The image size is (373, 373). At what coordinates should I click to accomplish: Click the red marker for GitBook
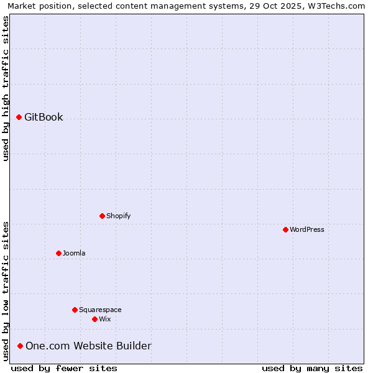click(19, 117)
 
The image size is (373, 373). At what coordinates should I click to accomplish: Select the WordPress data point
click(285, 229)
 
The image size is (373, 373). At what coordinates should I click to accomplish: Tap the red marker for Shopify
click(102, 216)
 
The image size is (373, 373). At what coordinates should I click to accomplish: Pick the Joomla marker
click(58, 253)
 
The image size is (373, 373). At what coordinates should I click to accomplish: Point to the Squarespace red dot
click(75, 310)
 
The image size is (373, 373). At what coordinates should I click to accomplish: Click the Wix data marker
click(94, 319)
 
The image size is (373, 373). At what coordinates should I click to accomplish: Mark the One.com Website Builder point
click(20, 346)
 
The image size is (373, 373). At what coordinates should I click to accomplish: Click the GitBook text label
click(44, 117)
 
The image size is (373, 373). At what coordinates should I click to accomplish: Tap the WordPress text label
click(307, 229)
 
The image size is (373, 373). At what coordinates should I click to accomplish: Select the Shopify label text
click(119, 216)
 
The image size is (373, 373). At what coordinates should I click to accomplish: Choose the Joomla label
click(74, 253)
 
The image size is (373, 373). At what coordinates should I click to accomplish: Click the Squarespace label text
click(100, 310)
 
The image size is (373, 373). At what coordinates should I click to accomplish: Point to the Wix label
click(105, 319)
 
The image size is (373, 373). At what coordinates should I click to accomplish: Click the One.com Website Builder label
click(88, 346)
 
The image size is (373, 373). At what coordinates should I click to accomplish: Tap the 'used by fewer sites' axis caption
click(64, 368)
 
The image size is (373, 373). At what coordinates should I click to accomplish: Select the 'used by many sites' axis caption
click(312, 368)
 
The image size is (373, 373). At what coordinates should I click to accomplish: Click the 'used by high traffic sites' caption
click(6, 88)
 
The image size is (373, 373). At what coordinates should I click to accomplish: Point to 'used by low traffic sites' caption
click(6, 291)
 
